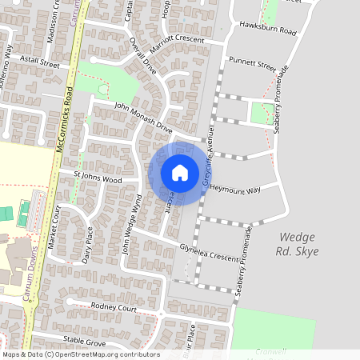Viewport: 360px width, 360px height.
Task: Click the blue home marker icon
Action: [x=180, y=173]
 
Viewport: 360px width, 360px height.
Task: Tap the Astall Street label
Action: [x=41, y=62]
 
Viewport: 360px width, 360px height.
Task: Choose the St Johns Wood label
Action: [x=97, y=177]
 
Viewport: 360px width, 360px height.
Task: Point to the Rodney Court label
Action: [x=114, y=307]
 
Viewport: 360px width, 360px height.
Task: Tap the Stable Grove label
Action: [x=85, y=341]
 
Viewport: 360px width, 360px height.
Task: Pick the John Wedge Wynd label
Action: [x=130, y=227]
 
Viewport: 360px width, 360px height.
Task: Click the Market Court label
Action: [x=55, y=228]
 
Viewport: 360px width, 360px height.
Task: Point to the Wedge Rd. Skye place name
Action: [x=298, y=244]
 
